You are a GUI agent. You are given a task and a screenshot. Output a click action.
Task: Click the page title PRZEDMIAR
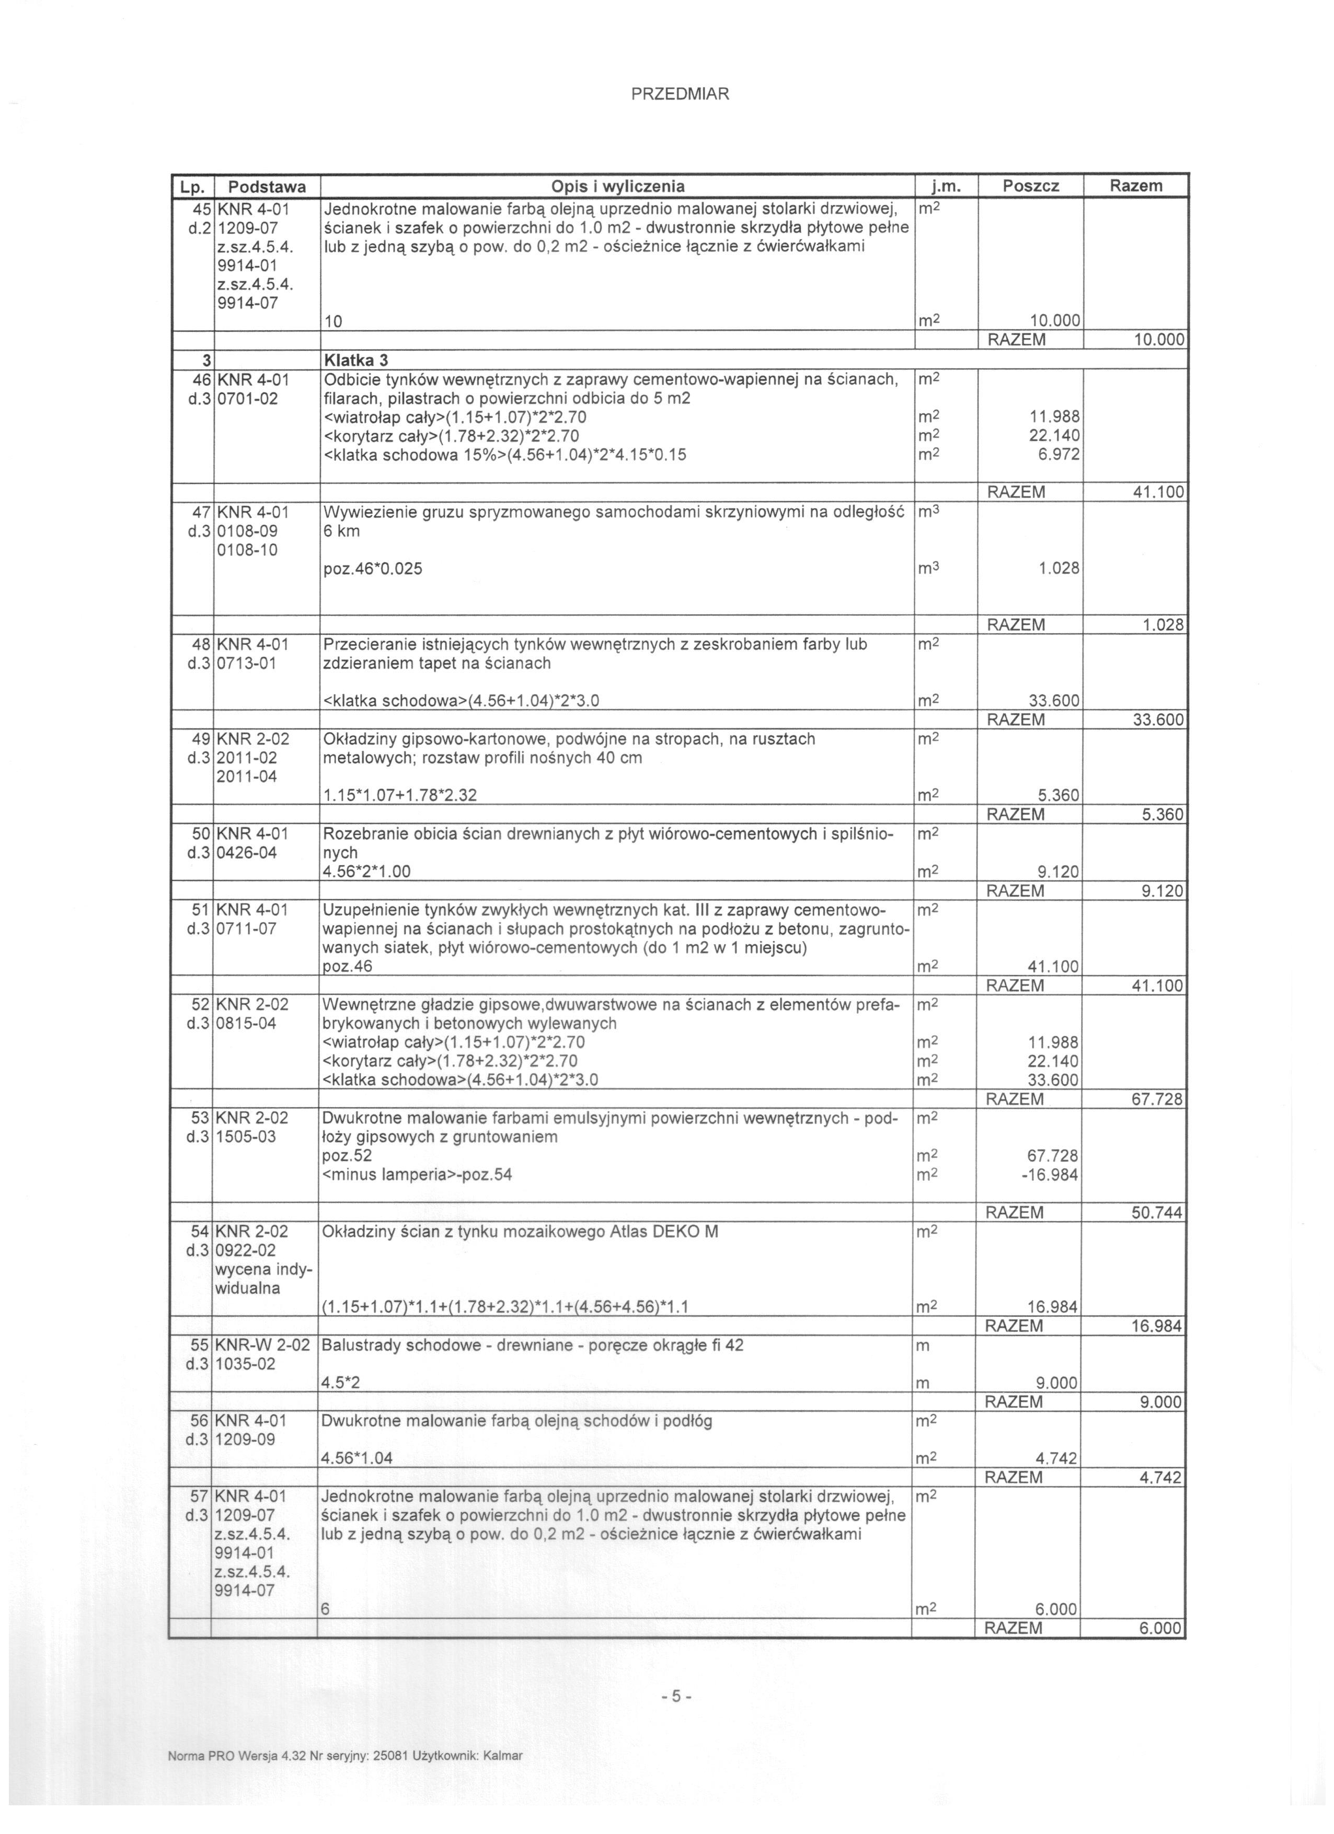[x=680, y=94]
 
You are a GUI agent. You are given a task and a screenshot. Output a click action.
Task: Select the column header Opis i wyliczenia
[x=617, y=186]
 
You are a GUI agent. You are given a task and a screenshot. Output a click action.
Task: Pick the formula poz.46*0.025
[x=372, y=568]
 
